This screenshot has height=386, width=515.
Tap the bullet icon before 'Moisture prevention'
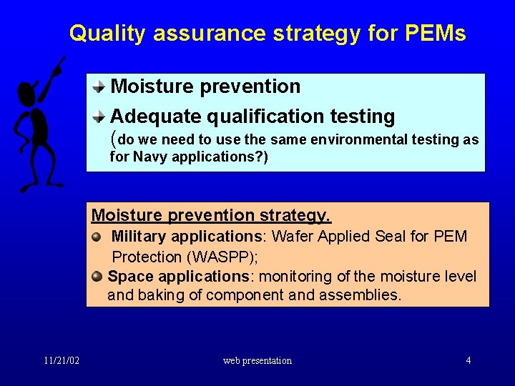[x=101, y=88]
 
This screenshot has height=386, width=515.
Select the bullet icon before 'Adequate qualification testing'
[x=101, y=117]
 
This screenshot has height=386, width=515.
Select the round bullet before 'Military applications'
[x=97, y=237]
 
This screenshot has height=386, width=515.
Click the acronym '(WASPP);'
[x=221, y=257]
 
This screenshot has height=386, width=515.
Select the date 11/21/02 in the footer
[x=60, y=360]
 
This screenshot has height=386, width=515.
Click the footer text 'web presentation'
[x=257, y=360]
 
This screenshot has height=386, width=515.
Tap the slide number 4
[x=469, y=360]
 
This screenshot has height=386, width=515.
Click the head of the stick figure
[x=27, y=92]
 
